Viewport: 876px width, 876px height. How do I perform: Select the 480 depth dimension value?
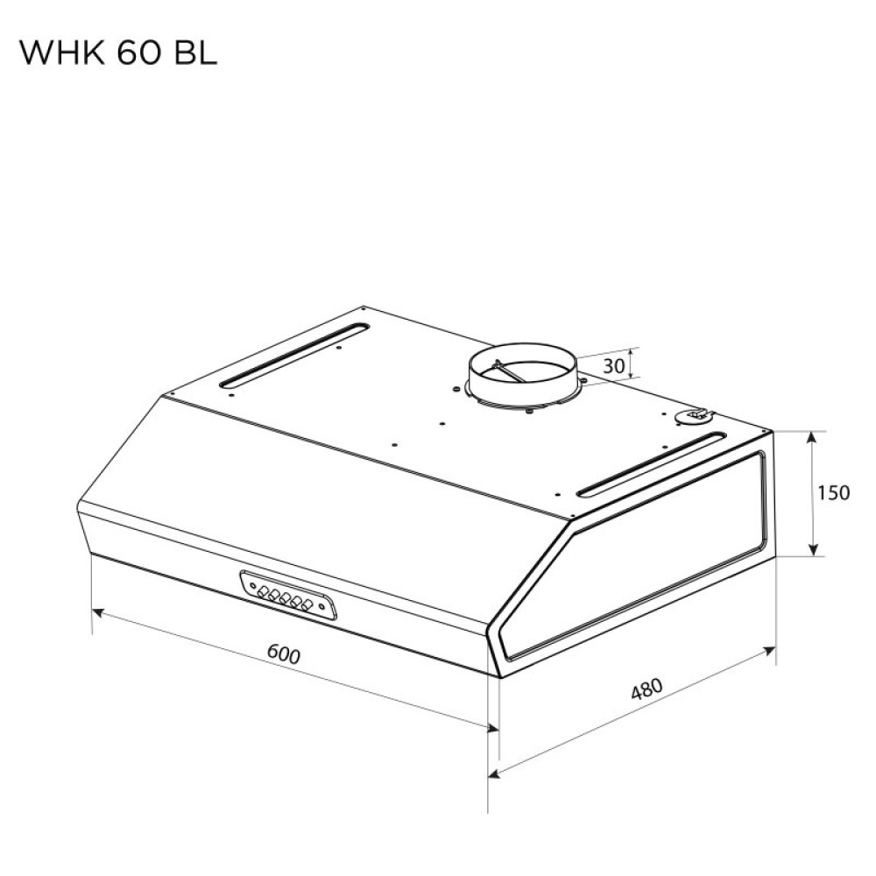click(x=646, y=690)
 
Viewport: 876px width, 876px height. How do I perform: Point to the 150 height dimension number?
click(x=833, y=493)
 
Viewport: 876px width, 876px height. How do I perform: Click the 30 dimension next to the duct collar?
click(x=614, y=366)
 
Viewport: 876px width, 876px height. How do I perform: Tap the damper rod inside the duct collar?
click(x=512, y=371)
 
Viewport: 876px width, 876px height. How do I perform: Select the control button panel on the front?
click(x=286, y=595)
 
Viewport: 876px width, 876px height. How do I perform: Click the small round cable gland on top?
click(x=697, y=415)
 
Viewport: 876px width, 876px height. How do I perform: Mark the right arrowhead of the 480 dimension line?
click(x=771, y=650)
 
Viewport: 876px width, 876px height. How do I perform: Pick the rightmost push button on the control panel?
click(x=307, y=604)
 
